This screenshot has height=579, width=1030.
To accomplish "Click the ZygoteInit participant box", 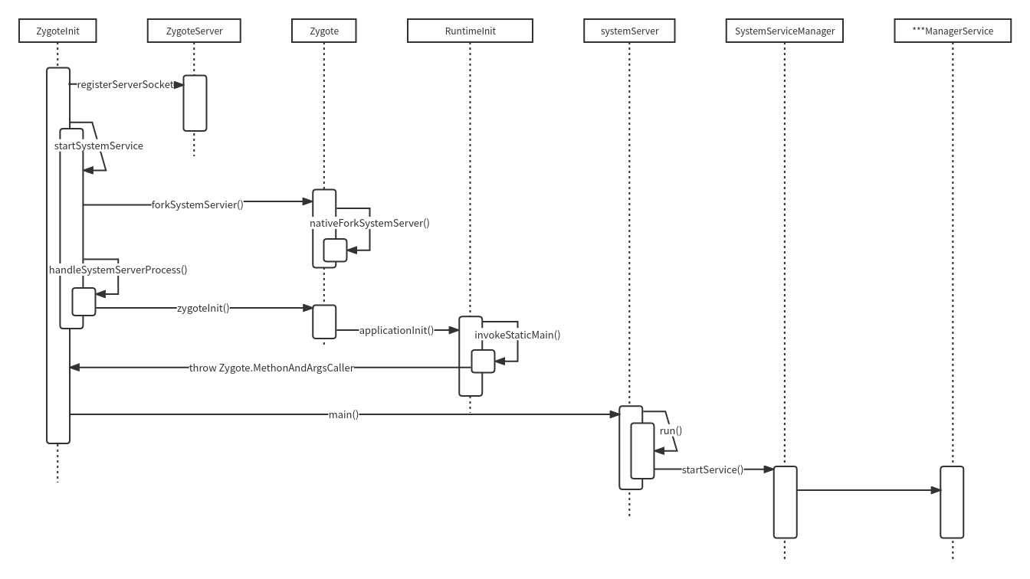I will tap(57, 31).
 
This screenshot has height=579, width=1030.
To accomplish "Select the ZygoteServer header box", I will tap(194, 31).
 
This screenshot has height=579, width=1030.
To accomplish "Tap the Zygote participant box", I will tap(323, 31).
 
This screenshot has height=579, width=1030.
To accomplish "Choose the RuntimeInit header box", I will tap(470, 31).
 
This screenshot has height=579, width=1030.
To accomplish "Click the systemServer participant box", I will tap(629, 31).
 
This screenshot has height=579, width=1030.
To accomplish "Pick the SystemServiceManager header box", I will tap(784, 31).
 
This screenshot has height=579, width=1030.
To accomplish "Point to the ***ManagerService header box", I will tap(953, 31).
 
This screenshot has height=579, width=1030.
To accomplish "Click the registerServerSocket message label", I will tap(126, 84).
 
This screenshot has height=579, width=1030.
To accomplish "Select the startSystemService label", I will tap(98, 146).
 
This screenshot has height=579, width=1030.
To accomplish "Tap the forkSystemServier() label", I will tap(197, 204).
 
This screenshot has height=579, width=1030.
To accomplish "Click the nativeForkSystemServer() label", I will tap(369, 223).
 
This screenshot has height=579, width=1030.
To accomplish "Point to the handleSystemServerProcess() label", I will tap(118, 270).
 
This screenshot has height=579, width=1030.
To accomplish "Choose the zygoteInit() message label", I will tap(203, 308).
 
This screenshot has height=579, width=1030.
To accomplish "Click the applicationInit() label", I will tap(396, 330).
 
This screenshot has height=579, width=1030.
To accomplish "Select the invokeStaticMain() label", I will tap(517, 335).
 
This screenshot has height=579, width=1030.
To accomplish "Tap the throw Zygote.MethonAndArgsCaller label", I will tap(271, 368).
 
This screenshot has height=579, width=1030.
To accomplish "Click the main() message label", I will tap(343, 414).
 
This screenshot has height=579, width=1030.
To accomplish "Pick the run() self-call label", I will tap(671, 430).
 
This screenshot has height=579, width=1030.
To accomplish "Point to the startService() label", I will tap(712, 469).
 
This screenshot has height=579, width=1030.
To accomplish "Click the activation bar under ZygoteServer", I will tap(195, 103).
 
